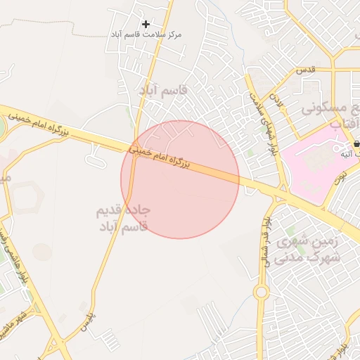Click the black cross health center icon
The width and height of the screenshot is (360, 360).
coord(146,24)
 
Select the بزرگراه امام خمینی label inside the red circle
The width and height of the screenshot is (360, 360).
coord(160,157)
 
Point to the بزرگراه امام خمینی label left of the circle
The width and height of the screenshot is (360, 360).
coord(36,122)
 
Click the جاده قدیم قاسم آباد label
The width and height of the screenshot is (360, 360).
coord(124,218)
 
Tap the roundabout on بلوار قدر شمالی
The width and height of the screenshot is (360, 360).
coord(262,291)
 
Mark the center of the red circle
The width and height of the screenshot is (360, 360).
coord(180,179)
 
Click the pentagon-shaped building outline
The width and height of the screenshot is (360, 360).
coord(29,197)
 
